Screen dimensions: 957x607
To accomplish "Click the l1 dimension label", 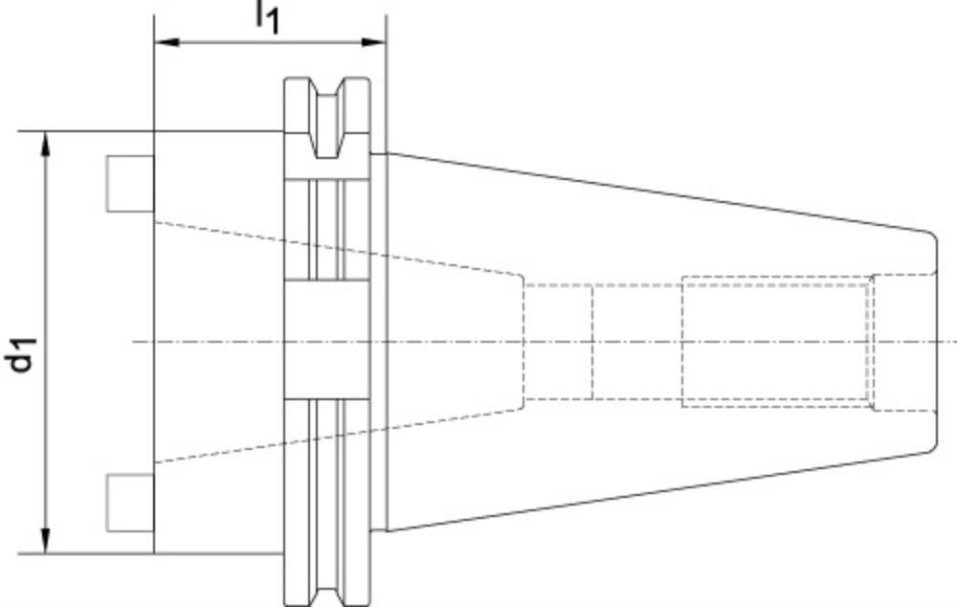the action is (267, 16).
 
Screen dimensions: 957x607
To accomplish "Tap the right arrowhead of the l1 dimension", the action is (374, 42).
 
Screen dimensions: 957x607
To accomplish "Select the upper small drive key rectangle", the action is (130, 184).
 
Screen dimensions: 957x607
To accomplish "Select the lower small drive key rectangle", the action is (130, 502).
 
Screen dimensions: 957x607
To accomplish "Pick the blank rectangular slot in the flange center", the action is (327, 340).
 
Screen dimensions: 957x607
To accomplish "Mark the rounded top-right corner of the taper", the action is (931, 236).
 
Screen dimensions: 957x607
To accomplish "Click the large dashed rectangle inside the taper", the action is (775, 342).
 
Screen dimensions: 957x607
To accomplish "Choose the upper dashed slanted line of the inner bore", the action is (339, 249).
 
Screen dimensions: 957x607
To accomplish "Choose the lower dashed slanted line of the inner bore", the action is (339, 436).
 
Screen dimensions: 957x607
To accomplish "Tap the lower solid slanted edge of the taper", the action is (657, 491).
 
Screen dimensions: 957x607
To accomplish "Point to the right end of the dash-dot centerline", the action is (956, 342).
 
